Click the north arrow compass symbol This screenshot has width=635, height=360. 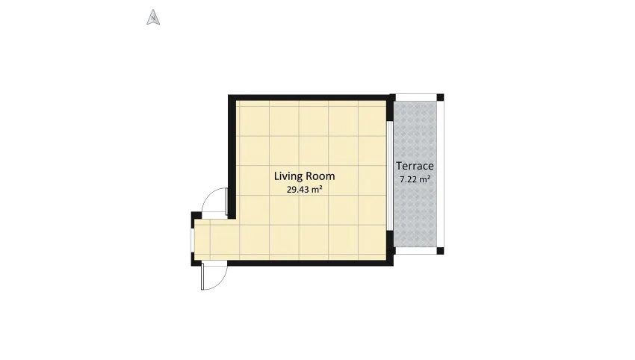[153, 17]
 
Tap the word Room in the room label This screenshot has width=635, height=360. [320, 176]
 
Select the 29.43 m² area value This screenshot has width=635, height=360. [304, 190]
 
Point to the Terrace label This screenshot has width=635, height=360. [415, 166]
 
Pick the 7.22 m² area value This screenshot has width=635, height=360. [415, 179]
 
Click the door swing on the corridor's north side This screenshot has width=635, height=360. [215, 200]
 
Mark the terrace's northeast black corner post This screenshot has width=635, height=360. [440, 97]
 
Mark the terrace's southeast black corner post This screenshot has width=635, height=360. [440, 250]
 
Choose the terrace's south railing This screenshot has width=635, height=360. [416, 251]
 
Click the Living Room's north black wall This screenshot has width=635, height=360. [310, 97]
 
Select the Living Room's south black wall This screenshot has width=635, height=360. [310, 263]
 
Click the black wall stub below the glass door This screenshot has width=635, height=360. [390, 246]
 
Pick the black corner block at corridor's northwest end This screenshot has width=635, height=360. [196, 216]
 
